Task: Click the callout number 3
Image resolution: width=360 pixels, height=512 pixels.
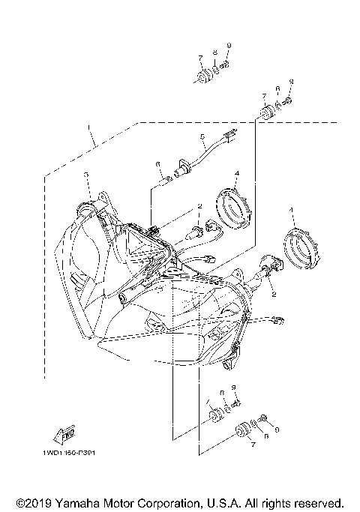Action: [x=86, y=175]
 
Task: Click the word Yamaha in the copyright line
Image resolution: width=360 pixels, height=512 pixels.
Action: [x=76, y=502]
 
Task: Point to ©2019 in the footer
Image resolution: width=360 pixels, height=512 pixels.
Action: [x=33, y=502]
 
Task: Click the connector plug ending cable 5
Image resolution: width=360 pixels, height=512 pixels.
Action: [x=230, y=136]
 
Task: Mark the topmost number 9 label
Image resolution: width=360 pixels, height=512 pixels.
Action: [x=229, y=46]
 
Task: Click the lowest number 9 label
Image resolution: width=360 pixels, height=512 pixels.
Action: [x=277, y=430]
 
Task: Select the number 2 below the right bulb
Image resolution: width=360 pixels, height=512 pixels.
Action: [x=274, y=295]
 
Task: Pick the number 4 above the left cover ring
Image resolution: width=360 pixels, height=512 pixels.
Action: [x=236, y=173]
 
